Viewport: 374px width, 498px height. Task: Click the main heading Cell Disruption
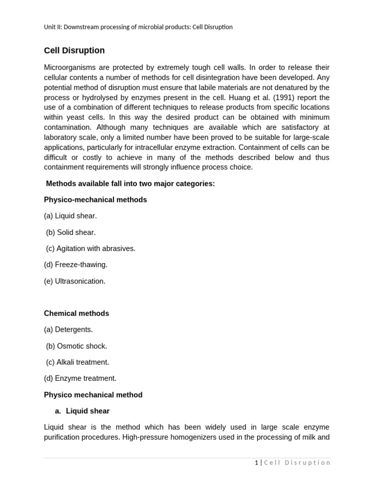[x=74, y=51]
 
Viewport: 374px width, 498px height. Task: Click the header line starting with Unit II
[x=138, y=27]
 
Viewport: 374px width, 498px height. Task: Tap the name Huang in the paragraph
[x=227, y=97]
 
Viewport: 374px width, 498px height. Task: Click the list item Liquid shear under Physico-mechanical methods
[x=70, y=216]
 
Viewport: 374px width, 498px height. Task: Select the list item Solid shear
[x=71, y=232]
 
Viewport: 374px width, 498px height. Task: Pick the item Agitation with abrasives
[x=91, y=249]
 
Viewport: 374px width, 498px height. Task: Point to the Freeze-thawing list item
[x=75, y=265]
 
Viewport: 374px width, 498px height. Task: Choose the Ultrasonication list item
[x=75, y=281]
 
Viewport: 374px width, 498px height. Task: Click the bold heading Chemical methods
[x=76, y=314]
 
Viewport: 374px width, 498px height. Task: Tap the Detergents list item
[x=68, y=330]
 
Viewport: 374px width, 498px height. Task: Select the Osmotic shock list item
[x=76, y=346]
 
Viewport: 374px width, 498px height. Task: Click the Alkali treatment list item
[x=77, y=362]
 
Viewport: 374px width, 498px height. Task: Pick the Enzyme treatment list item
[x=80, y=378]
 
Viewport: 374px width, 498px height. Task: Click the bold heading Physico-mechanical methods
[x=95, y=200]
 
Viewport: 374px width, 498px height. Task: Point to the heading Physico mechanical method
[x=93, y=395]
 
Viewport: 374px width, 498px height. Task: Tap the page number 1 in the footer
[x=257, y=462]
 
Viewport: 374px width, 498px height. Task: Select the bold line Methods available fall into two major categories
[x=130, y=183]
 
